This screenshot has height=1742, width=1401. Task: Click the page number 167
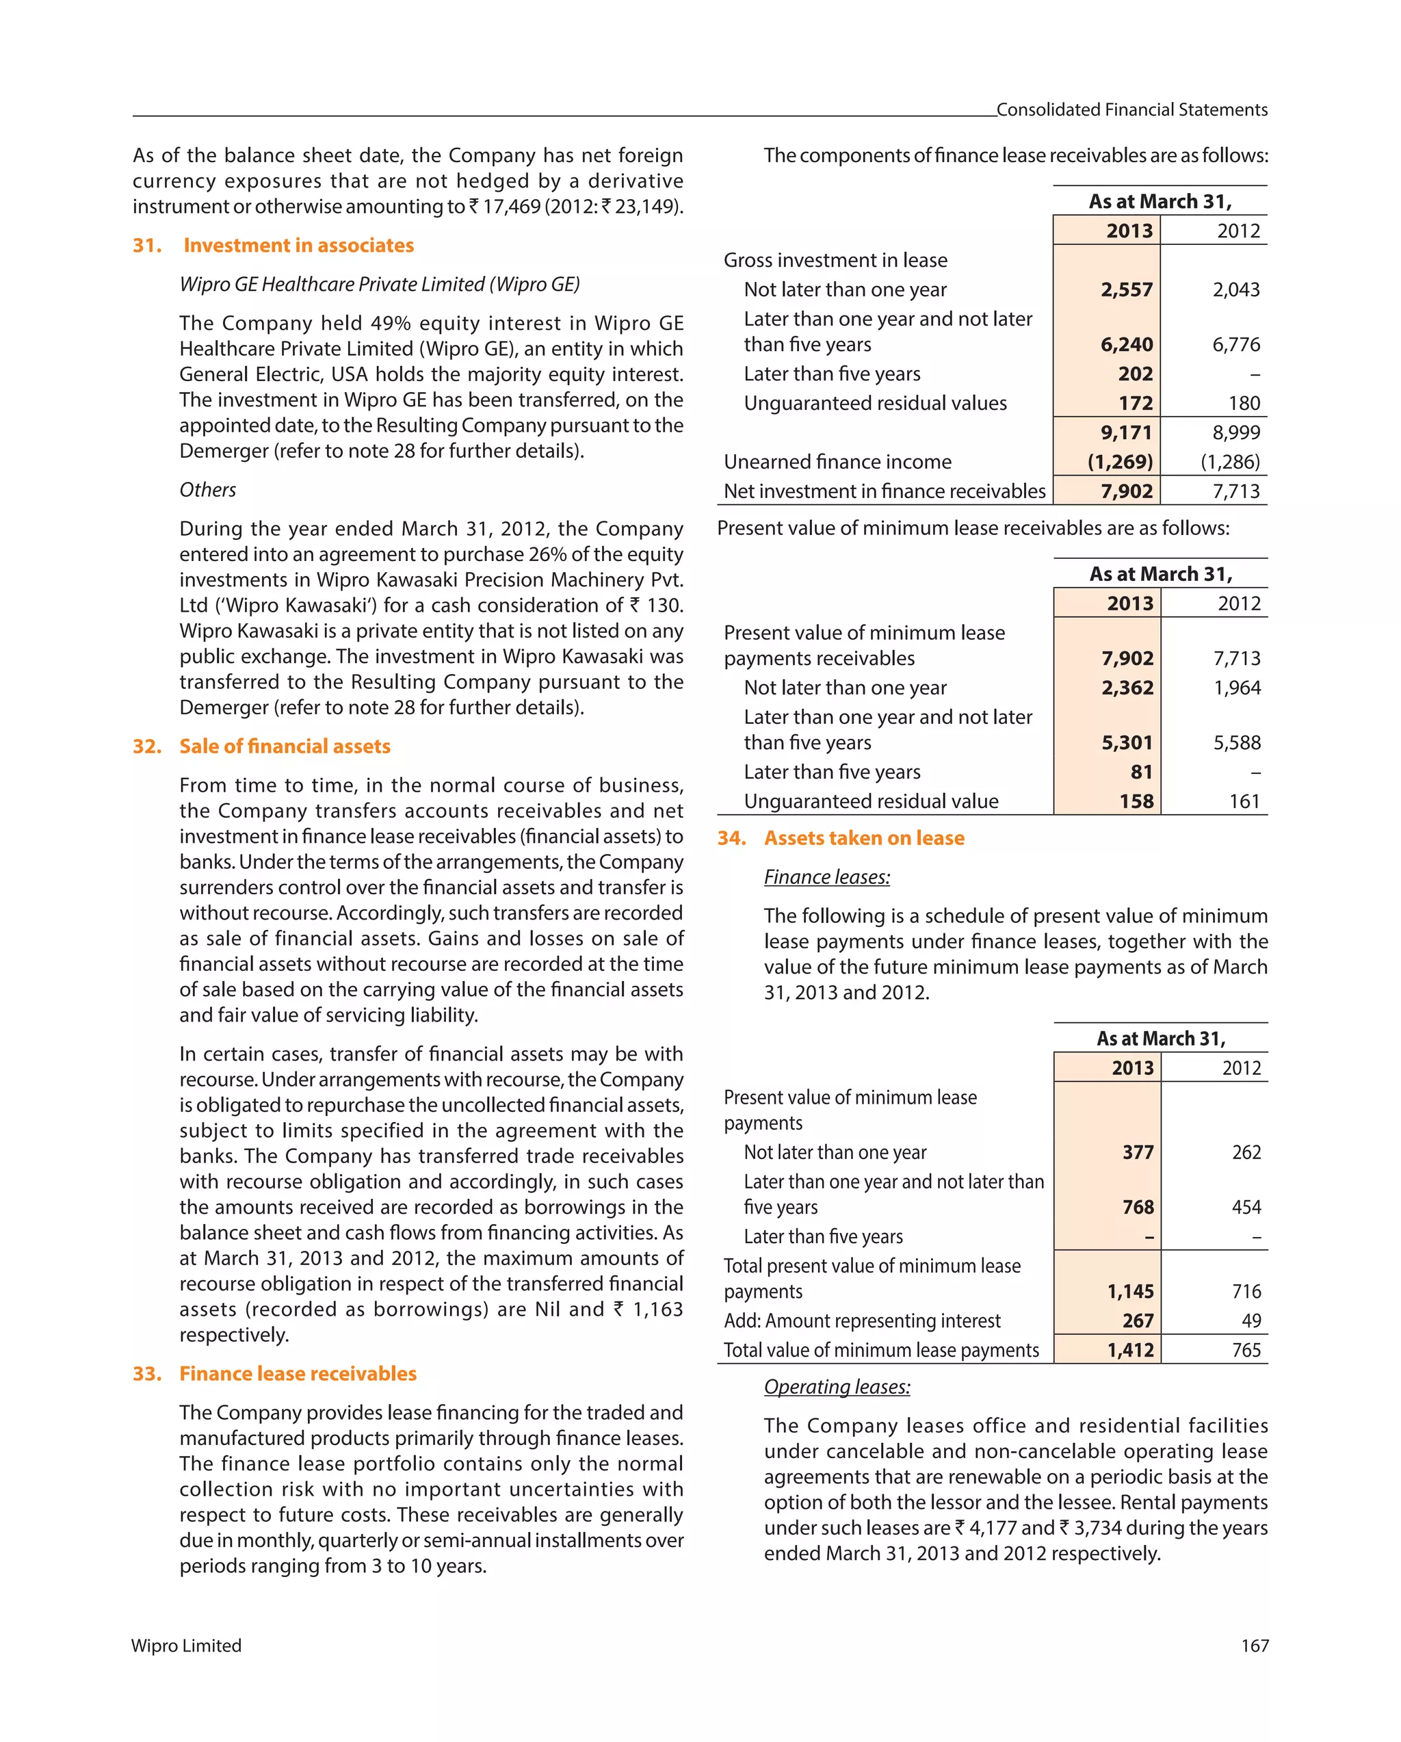click(1254, 1646)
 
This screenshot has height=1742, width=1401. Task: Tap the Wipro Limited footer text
click(187, 1646)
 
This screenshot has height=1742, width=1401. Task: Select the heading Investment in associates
click(298, 245)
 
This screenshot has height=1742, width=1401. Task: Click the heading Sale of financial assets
click(285, 746)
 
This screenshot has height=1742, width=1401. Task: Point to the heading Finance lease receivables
click(298, 1374)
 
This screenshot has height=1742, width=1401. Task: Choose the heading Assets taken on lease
click(864, 838)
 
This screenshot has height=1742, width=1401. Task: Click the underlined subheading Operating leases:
click(837, 1386)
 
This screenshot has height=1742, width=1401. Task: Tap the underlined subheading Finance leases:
click(826, 876)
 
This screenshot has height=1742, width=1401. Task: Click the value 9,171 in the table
click(1125, 432)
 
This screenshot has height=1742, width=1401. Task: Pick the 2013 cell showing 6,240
click(1126, 344)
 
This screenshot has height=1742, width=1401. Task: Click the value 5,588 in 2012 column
click(1236, 742)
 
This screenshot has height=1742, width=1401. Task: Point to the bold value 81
click(1141, 772)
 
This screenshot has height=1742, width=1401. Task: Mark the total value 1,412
click(1129, 1350)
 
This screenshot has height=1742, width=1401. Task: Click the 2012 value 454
click(1246, 1207)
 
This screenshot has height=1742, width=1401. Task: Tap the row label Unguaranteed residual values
click(875, 403)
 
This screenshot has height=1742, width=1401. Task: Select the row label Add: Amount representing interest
click(861, 1321)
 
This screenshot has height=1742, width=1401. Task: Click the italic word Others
click(208, 490)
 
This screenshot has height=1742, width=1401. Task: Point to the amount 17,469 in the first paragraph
click(510, 207)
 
